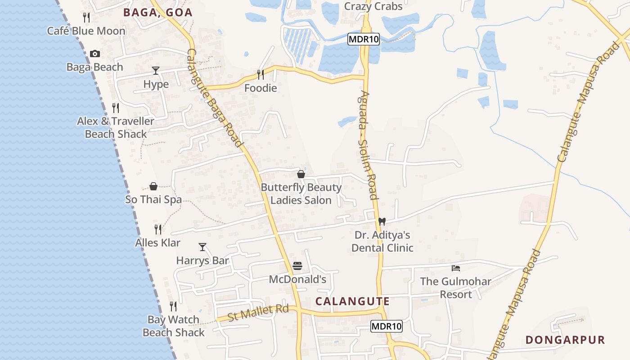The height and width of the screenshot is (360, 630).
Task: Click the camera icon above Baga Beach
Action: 95,54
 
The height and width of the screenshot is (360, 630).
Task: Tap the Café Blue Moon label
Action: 86,31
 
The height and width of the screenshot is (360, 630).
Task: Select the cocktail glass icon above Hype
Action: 156,71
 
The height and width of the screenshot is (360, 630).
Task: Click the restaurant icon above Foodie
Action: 260,74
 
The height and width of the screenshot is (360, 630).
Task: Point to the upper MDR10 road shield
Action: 364,40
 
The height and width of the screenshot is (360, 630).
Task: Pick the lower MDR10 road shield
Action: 387,326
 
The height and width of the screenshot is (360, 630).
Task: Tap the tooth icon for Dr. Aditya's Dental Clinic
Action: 382,221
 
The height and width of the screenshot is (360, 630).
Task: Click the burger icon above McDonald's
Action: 297,266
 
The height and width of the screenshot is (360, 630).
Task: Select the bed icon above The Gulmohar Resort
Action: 456,268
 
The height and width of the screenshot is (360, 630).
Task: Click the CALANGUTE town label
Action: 352,301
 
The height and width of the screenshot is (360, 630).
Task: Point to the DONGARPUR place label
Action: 565,340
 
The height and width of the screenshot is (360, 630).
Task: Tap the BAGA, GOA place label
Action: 158,13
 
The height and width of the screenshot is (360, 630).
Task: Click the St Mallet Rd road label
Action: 258,313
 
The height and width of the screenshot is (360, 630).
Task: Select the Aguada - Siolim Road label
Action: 367,145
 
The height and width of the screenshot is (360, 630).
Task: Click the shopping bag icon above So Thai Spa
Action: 153,186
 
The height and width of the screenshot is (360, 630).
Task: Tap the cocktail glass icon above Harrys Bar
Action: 202,247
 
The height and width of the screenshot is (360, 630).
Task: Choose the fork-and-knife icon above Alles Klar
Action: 158,229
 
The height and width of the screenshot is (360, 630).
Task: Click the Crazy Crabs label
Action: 373,7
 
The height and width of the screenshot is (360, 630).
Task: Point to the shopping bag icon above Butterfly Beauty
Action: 301,174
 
